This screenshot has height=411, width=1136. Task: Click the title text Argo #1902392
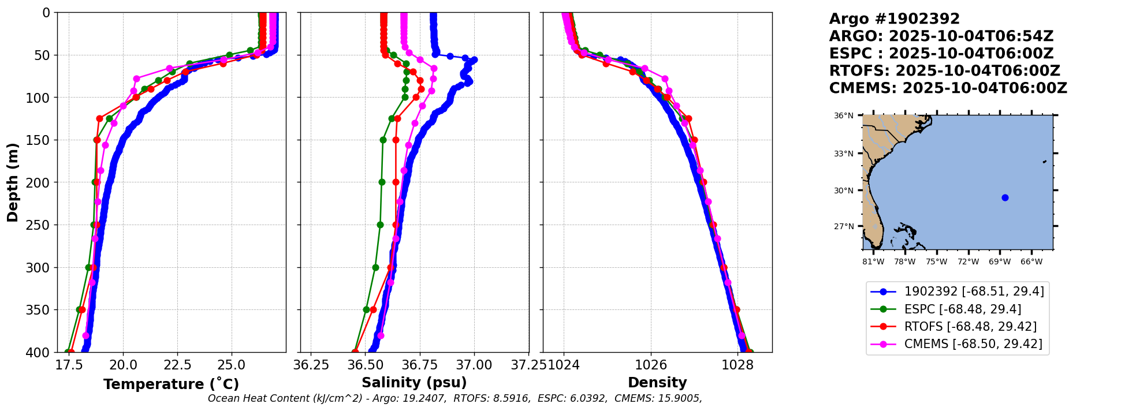894,19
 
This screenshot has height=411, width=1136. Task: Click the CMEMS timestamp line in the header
948,88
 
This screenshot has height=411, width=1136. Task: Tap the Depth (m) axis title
13,182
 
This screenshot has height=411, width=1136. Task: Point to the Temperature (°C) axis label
171,384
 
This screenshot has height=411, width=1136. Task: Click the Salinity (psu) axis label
414,383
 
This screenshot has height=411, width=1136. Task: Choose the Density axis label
657,383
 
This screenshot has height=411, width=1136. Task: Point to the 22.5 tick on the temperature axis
177,365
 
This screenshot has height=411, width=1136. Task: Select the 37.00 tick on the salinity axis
474,365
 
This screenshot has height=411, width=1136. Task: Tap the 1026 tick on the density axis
651,365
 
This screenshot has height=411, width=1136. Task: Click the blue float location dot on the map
1005,197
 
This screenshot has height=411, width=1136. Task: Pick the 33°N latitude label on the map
843,154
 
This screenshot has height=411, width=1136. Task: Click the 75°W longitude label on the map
936,261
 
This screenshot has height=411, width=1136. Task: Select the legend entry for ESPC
962,309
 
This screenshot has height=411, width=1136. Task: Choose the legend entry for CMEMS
973,344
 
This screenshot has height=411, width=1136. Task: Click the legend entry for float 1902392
974,292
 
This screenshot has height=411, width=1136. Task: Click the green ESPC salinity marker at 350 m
366,309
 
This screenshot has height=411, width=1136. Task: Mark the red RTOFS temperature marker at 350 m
82,309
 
